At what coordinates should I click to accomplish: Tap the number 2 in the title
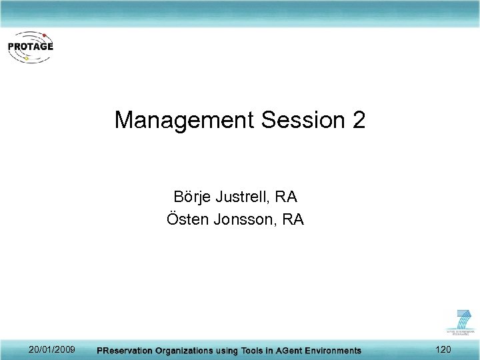pyautogui.click(x=358, y=121)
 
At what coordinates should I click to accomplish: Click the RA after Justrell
pyautogui.click(x=285, y=197)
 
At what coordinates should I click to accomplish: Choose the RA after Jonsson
pyautogui.click(x=293, y=219)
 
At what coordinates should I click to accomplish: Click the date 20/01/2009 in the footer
pyautogui.click(x=52, y=349)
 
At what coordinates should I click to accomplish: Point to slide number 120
pyautogui.click(x=442, y=349)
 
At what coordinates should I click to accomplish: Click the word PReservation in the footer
pyautogui.click(x=125, y=350)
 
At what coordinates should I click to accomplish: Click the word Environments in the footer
pyautogui.click(x=333, y=350)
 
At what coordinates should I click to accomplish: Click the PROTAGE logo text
pyautogui.click(x=31, y=47)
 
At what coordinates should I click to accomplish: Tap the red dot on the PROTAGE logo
pyautogui.click(x=44, y=34)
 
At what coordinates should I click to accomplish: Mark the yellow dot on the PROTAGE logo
pyautogui.click(x=26, y=59)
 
